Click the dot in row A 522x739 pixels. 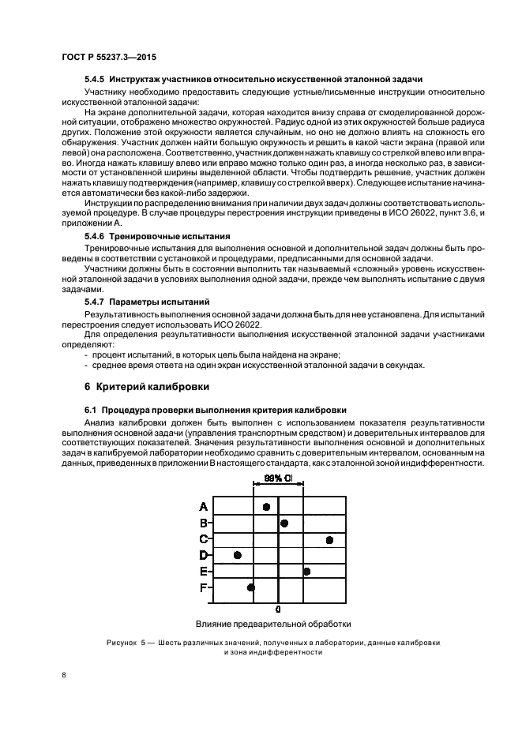(x=267, y=507)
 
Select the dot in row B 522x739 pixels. (x=284, y=523)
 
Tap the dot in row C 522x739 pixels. (x=329, y=539)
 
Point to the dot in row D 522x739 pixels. (x=237, y=556)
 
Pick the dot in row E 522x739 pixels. (x=306, y=572)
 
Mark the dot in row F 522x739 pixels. (x=251, y=587)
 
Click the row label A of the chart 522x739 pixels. (x=203, y=506)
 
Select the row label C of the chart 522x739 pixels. (x=203, y=538)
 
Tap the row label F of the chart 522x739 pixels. (x=203, y=587)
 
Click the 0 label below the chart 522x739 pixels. (x=278, y=610)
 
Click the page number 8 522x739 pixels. (x=64, y=674)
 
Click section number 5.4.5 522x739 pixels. (x=95, y=80)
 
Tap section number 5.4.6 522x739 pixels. (x=95, y=236)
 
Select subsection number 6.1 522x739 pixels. (x=90, y=410)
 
